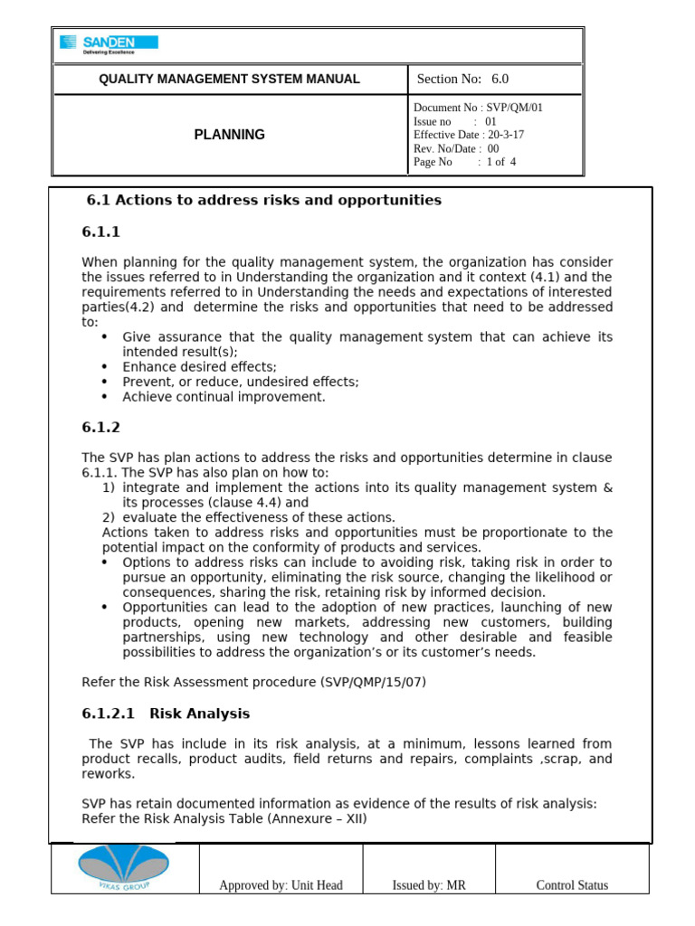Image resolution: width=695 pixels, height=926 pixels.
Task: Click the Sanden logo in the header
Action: [x=108, y=43]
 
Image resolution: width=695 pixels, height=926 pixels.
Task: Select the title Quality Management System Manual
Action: [x=229, y=80]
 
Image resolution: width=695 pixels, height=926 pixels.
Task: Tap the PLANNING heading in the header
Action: [x=229, y=135]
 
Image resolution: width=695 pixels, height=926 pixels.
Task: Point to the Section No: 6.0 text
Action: [x=462, y=80]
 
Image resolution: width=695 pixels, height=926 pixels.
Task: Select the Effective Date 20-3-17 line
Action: [x=468, y=135]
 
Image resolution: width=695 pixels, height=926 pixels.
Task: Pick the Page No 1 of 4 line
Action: [x=464, y=163]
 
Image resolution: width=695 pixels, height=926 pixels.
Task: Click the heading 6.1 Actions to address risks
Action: [x=263, y=200]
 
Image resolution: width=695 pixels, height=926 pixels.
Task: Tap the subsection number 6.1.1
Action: [x=100, y=233]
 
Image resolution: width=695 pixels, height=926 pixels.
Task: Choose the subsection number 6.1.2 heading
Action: [x=100, y=428]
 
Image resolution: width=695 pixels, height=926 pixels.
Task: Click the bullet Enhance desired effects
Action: [x=199, y=367]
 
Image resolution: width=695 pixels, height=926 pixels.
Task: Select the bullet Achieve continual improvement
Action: [x=224, y=397]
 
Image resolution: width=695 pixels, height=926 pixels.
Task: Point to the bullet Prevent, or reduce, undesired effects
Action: [x=240, y=383]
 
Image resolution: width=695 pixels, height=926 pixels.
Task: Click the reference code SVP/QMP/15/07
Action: [x=372, y=681]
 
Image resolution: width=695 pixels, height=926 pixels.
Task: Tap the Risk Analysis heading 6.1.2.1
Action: [x=166, y=713]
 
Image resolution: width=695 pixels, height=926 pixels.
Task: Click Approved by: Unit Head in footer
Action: [x=281, y=885]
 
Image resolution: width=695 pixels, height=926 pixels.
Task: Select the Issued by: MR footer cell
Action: [x=429, y=885]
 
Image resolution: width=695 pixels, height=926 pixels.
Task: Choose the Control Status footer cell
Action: [x=572, y=885]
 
